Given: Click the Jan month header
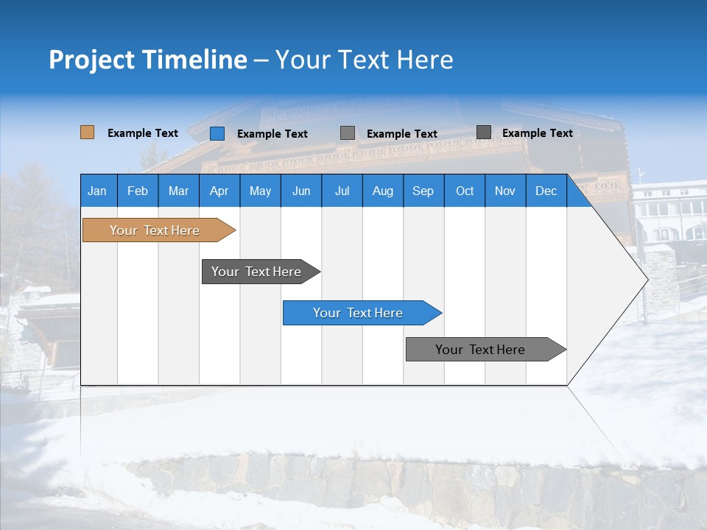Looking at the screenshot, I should coord(98,191).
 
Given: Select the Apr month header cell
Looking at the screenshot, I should coord(219,191).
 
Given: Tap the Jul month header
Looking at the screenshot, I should coord(342,191).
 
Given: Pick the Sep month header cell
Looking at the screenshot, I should coord(423,191).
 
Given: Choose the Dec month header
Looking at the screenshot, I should coord(546,191).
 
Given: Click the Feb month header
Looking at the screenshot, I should coord(138,191).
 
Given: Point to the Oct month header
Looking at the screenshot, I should coord(465,191).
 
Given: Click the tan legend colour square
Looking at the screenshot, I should coord(87,132).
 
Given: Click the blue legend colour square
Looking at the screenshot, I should coord(217,133).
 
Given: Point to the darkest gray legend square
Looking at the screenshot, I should coord(484,132).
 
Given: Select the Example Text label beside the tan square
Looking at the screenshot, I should coord(143,133).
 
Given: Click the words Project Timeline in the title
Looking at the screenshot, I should coord(148,60).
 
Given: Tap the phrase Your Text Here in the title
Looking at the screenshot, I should coord(364,60).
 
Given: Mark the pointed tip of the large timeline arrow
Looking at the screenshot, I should coord(647,280).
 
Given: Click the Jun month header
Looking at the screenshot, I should coord(301,191).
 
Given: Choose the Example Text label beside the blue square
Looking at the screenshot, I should coord(272,134).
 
